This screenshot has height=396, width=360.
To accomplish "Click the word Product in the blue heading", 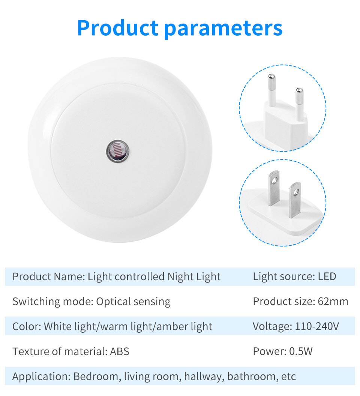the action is [117, 28].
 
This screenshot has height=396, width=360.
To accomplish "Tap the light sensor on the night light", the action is [117, 151].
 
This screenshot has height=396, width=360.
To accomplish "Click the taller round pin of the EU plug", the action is [272, 90].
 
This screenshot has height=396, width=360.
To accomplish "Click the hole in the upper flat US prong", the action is [275, 180].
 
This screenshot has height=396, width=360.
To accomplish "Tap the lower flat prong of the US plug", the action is [295, 200].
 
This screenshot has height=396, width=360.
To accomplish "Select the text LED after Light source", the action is [327, 276].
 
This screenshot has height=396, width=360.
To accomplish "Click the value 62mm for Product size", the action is [333, 301].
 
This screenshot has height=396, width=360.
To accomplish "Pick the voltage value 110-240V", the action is [317, 326].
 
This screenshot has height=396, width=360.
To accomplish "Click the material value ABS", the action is [120, 351].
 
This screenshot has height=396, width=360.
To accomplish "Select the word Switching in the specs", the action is [36, 302].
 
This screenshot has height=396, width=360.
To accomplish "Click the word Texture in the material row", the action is [29, 351].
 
